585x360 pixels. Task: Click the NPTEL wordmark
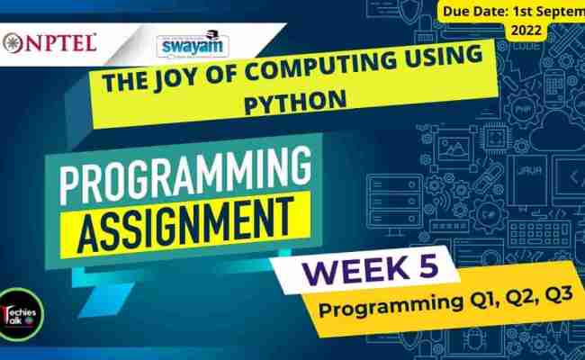(58, 42)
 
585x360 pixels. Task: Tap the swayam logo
(191, 44)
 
